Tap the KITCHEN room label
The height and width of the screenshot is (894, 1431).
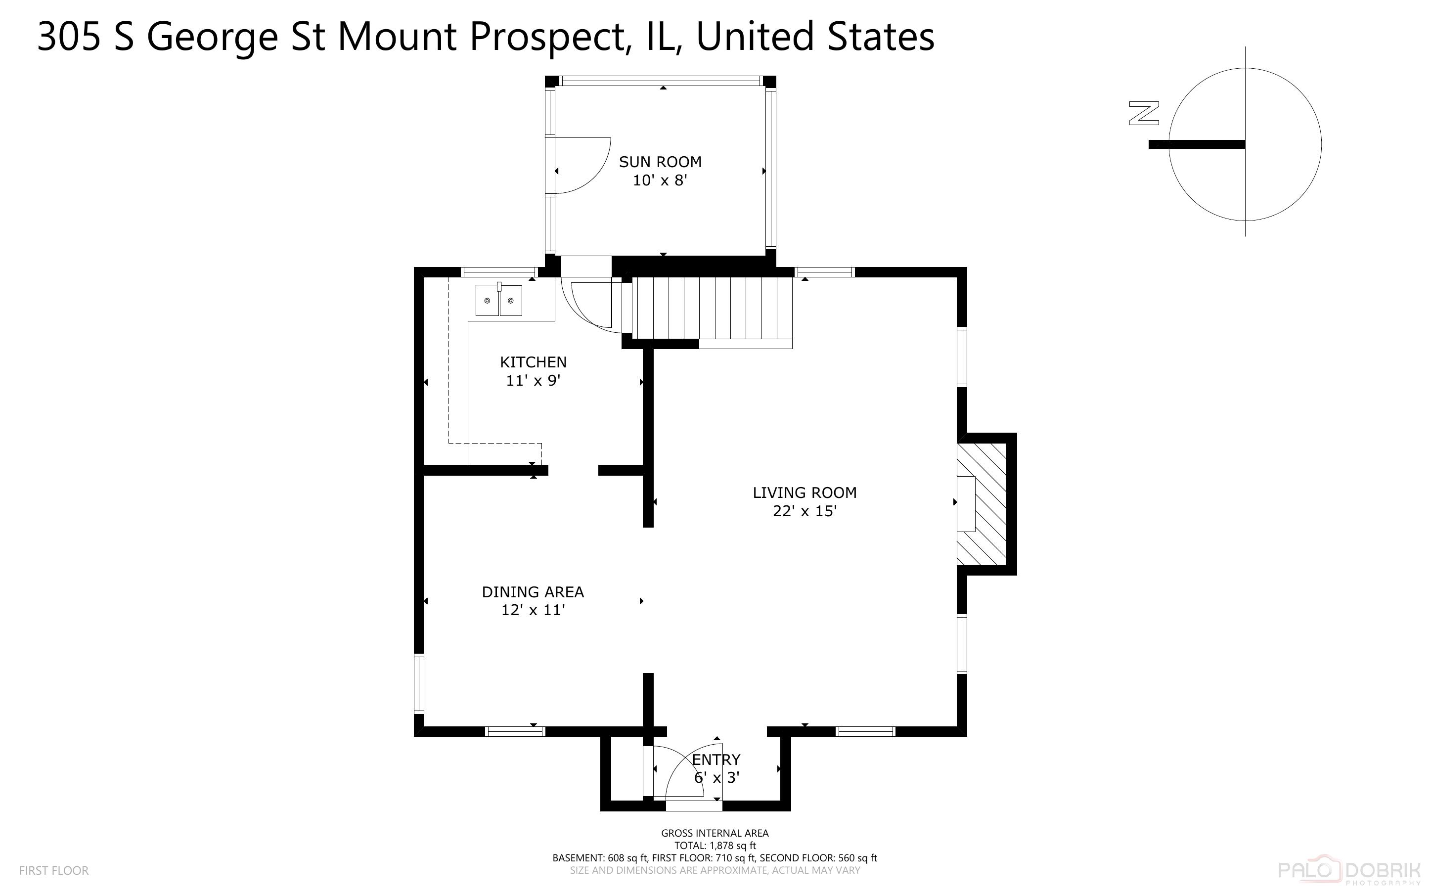coord(533,362)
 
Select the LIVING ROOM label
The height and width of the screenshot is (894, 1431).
coord(805,492)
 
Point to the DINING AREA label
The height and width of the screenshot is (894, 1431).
coord(533,592)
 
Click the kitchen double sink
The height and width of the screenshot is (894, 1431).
coord(499,300)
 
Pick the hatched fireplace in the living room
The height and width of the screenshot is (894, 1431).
coord(983,504)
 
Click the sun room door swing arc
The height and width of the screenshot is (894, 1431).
coord(582,166)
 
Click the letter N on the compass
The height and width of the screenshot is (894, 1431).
coord(1144,114)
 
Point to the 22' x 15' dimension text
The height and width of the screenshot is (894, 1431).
coord(805,511)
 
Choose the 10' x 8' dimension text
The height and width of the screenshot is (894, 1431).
coord(660,180)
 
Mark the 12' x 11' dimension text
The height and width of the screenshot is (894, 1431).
coord(533,610)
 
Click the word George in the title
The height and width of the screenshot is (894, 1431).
coord(212,37)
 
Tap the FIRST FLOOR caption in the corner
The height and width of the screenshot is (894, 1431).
coord(54,870)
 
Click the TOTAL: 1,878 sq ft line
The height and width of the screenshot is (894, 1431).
coord(715,846)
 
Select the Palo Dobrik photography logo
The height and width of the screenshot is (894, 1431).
coord(1349,871)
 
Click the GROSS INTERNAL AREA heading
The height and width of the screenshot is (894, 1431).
coord(715,833)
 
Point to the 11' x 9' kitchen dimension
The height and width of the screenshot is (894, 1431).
coord(533,380)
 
